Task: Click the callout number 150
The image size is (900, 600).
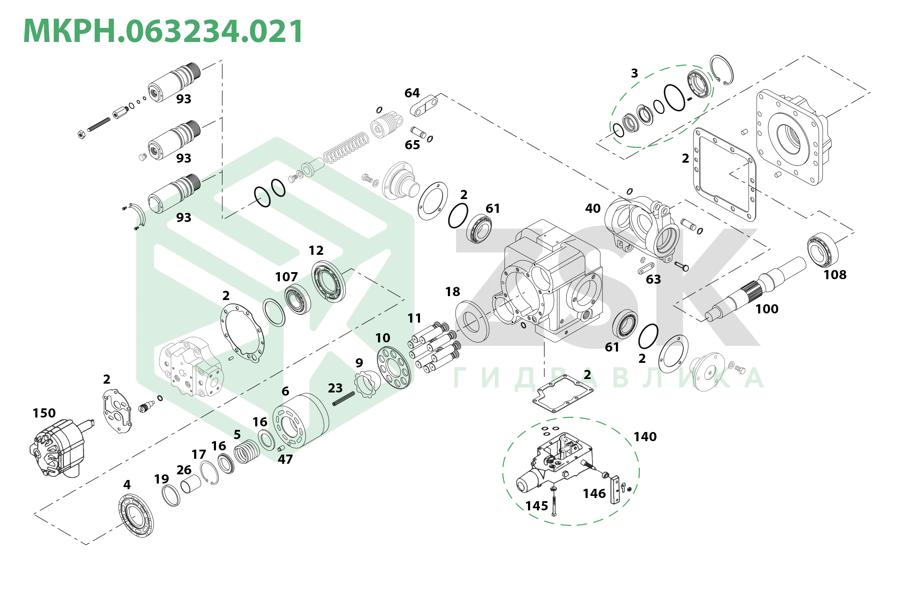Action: pyautogui.click(x=44, y=413)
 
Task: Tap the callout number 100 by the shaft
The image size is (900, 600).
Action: pyautogui.click(x=767, y=309)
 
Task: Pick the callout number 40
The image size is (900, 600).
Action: pyautogui.click(x=593, y=208)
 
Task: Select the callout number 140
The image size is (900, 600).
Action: pyautogui.click(x=645, y=437)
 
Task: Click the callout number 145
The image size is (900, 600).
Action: pyautogui.click(x=536, y=506)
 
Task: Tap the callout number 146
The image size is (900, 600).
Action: pyautogui.click(x=594, y=494)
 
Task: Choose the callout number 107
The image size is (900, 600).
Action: pyautogui.click(x=286, y=277)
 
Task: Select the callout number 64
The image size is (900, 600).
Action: pyautogui.click(x=412, y=92)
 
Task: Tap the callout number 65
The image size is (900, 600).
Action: pyautogui.click(x=412, y=145)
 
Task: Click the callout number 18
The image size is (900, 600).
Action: pyautogui.click(x=452, y=292)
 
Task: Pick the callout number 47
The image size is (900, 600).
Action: pyautogui.click(x=285, y=459)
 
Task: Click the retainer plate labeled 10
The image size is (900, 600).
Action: pyautogui.click(x=394, y=367)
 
